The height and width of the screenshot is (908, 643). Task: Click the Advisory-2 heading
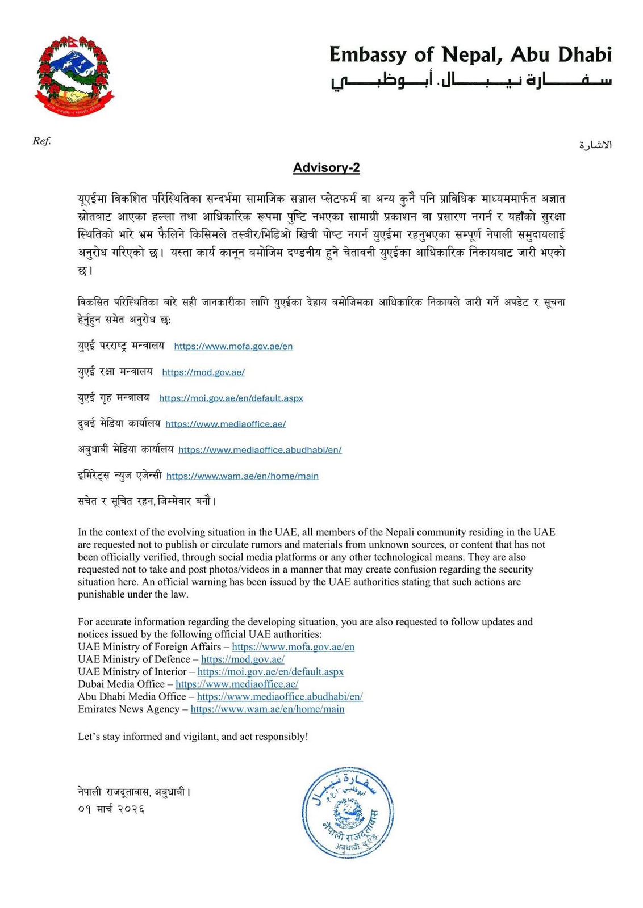[x=326, y=168]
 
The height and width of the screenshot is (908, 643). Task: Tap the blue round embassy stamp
[x=348, y=812]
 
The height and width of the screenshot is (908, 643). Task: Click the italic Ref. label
[x=41, y=141]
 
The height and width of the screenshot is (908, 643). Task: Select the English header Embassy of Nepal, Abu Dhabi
[x=470, y=55]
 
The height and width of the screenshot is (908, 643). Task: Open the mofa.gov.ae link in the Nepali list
[x=233, y=346]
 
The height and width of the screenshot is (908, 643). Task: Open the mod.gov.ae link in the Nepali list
[x=203, y=372]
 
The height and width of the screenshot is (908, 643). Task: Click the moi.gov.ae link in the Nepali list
[x=231, y=398]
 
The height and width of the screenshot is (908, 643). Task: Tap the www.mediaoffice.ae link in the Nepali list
[x=226, y=424]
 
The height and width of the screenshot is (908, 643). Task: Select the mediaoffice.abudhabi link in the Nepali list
[x=260, y=450]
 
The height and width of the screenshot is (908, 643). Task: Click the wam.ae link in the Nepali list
[x=242, y=476]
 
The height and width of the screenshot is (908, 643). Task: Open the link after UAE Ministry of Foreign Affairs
[x=293, y=647]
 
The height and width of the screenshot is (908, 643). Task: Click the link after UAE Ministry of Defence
[x=243, y=659]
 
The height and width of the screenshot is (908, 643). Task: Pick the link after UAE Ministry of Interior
[x=270, y=672]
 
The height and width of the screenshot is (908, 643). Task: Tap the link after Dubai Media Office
[x=237, y=684]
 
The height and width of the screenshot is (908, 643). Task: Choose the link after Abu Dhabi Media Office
[x=279, y=697]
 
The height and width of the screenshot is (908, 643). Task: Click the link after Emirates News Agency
[x=268, y=709]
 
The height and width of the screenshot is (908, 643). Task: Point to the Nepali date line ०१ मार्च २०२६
[x=111, y=809]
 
